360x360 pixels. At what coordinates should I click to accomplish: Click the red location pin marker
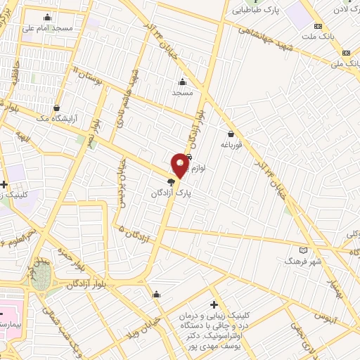coord(180,165)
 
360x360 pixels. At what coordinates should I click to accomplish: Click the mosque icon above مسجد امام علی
coord(48,18)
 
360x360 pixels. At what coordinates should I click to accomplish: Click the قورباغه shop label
coord(230,146)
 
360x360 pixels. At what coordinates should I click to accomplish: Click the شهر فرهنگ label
coord(302,261)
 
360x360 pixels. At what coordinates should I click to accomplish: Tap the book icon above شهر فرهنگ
coord(304,250)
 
